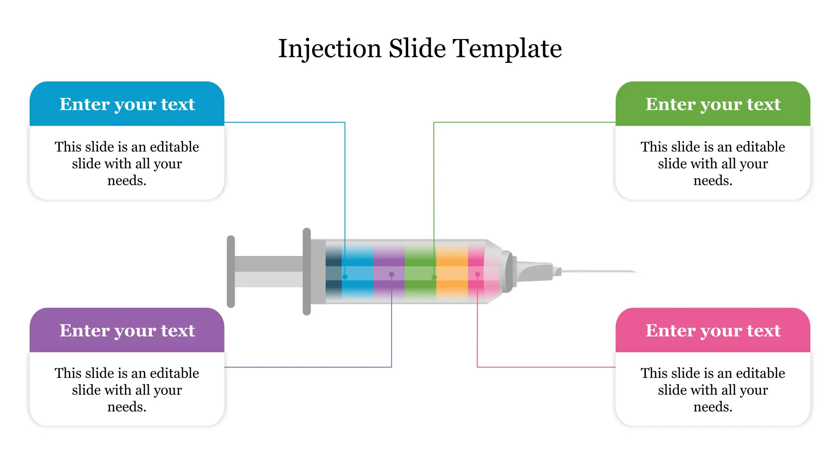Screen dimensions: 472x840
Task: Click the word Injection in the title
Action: coord(330,49)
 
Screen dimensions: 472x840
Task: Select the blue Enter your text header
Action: coord(127,104)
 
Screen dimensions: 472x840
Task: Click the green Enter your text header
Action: coord(713,104)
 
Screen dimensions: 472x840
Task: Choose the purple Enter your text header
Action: coord(127,331)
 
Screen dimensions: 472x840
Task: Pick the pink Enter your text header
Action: coord(713,331)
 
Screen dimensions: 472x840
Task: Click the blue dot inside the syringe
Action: coord(345,277)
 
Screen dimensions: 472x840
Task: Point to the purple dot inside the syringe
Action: coord(392,275)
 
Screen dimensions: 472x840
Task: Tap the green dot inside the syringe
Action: coord(434,277)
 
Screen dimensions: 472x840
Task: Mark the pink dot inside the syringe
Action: coord(477,275)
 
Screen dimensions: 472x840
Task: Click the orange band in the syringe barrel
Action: coord(452,271)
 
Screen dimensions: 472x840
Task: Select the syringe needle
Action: coord(599,271)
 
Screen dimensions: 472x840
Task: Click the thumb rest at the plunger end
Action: coord(231,271)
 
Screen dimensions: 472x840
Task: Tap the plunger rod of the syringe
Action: coord(269,271)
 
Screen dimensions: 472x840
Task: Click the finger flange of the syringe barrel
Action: coord(307,271)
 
